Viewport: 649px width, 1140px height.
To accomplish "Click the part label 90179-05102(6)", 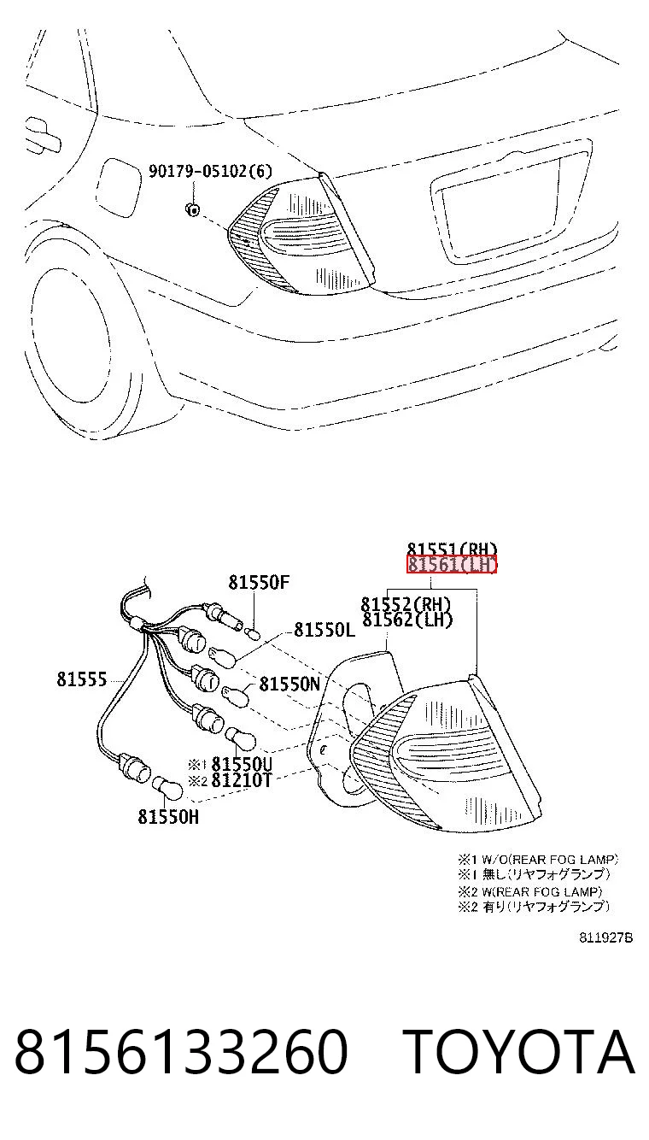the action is (210, 171).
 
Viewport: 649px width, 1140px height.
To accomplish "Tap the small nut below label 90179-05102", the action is (192, 209).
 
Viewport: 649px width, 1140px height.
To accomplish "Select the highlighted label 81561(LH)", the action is (451, 564).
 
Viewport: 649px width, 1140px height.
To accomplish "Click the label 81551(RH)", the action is (452, 549).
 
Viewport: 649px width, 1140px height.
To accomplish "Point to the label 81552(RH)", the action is (406, 604).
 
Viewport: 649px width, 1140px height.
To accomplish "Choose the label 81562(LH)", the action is (406, 620).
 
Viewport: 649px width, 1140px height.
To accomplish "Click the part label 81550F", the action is (259, 582).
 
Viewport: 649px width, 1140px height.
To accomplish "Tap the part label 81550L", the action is (324, 630).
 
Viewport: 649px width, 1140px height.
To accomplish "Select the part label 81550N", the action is (289, 684).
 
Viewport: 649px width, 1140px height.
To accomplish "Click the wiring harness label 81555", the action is (81, 679).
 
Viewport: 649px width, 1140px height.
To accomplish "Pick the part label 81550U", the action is (242, 764).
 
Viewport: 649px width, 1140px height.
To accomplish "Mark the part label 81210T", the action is (242, 780).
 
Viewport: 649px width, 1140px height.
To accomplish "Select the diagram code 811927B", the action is (605, 938).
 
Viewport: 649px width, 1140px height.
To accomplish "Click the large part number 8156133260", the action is (181, 1052).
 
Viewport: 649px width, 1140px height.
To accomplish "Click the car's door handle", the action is (43, 134).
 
